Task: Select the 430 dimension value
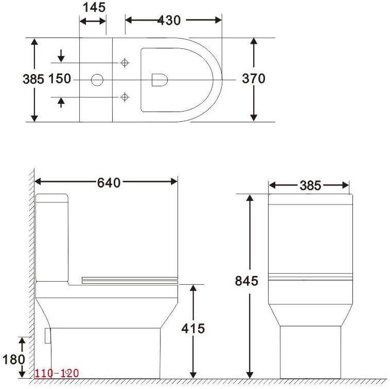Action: tap(169, 20)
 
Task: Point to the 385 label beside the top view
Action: tap(33, 79)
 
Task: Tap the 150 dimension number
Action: tap(60, 79)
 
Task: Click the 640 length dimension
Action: tap(109, 182)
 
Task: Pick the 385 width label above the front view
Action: tap(310, 186)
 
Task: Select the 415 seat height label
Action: tap(193, 328)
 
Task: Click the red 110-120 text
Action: tap(57, 373)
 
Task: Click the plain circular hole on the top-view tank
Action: tap(97, 80)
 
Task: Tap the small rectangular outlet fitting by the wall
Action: tap(48, 336)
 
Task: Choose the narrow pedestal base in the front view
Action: tap(311, 352)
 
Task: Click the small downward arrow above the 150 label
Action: tap(61, 55)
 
